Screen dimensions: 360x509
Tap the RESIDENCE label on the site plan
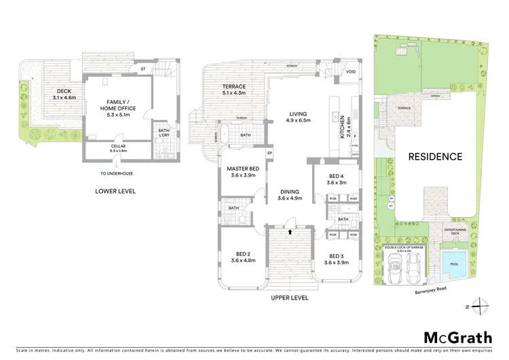(435, 156)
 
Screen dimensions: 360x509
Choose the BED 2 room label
(242, 257)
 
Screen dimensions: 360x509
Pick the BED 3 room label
(337, 259)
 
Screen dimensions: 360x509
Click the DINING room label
(290, 195)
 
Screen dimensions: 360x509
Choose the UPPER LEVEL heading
(289, 298)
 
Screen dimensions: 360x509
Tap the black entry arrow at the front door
(290, 232)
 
